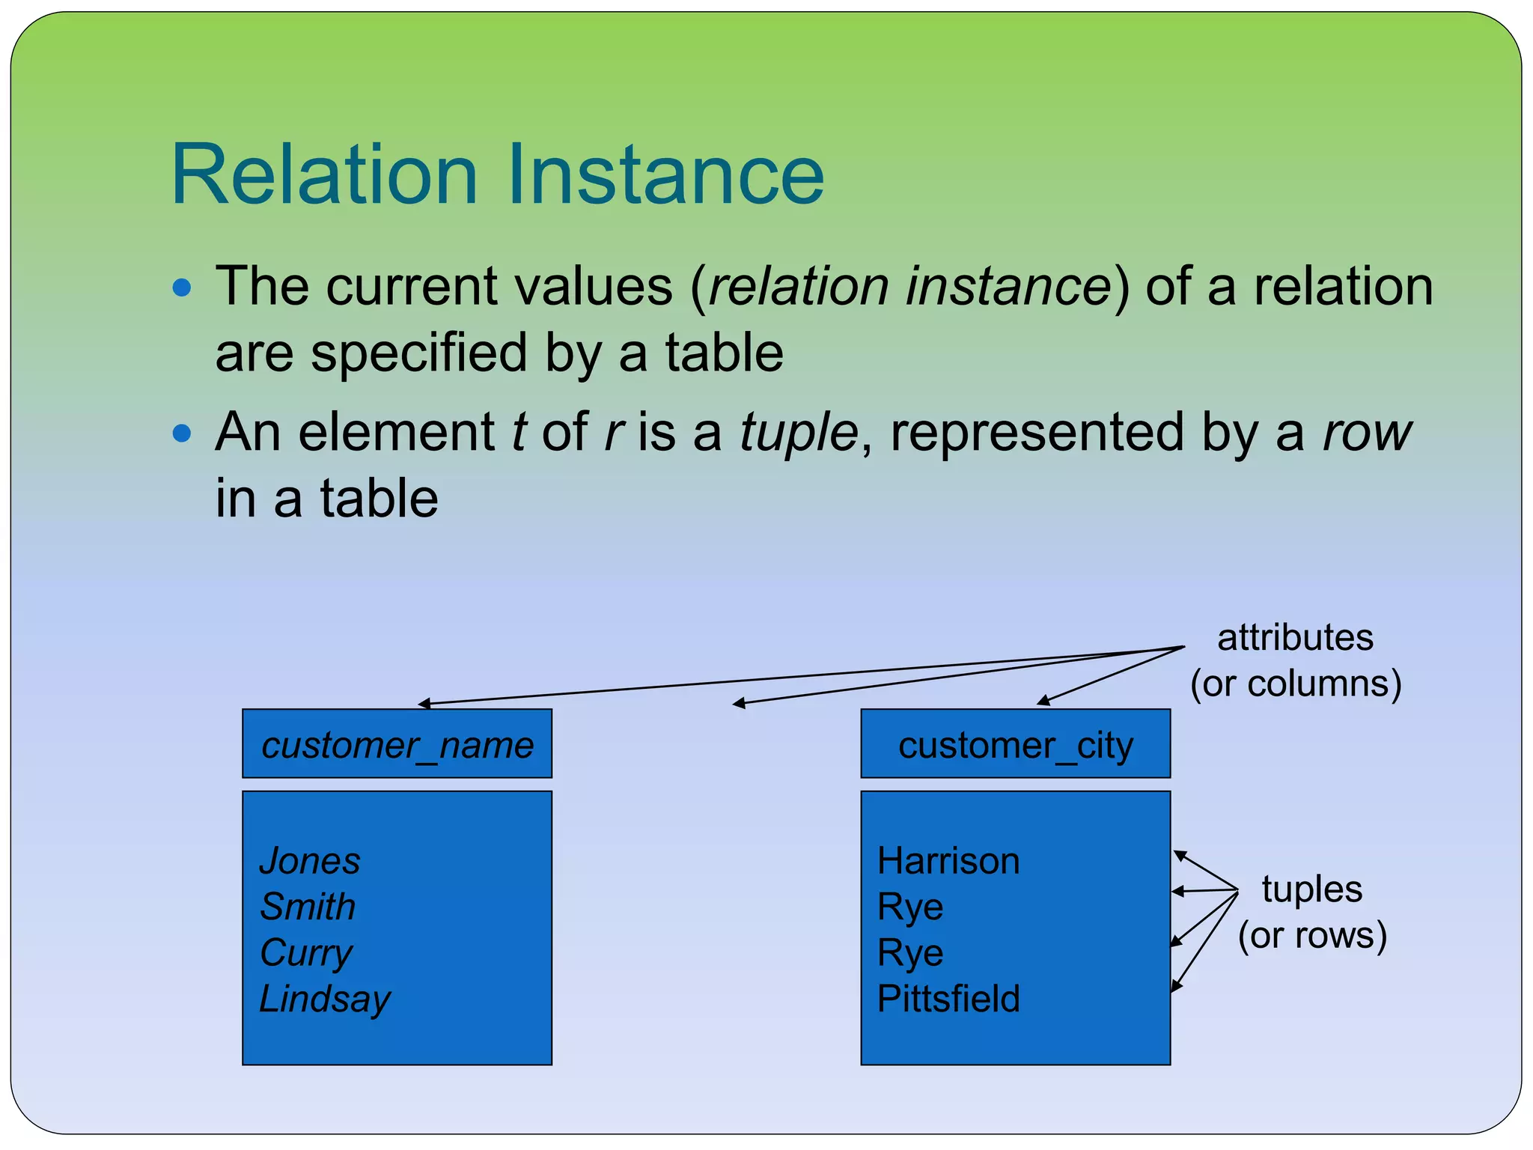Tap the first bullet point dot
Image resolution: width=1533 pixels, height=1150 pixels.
click(x=182, y=287)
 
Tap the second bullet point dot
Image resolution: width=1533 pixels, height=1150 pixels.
click(x=182, y=433)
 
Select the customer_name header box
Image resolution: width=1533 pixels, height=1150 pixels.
click(x=397, y=744)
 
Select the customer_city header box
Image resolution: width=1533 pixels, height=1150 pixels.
click(x=1015, y=744)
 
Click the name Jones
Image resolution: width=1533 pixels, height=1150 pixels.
click(x=310, y=861)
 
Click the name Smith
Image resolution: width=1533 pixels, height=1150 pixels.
click(x=308, y=907)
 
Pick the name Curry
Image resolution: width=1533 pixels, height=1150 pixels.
click(x=305, y=953)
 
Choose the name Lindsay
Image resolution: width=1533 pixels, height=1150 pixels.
click(x=325, y=999)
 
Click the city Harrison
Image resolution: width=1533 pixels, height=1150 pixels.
click(x=948, y=861)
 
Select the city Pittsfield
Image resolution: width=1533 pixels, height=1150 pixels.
click(x=948, y=999)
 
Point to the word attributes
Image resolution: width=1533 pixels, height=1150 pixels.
click(x=1295, y=638)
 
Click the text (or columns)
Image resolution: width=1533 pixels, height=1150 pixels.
click(x=1296, y=684)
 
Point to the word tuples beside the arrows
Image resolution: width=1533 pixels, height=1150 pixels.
click(x=1311, y=889)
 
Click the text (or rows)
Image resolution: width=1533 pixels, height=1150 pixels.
click(x=1312, y=935)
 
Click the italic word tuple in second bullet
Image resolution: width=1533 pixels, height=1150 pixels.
click(x=799, y=433)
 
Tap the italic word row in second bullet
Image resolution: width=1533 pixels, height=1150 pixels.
click(x=1367, y=433)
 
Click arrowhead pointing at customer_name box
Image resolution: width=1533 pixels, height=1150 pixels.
click(x=424, y=704)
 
